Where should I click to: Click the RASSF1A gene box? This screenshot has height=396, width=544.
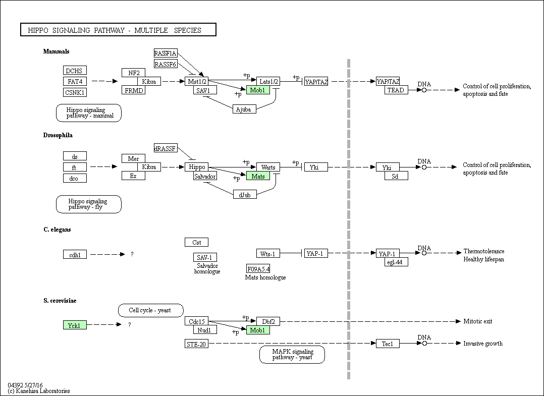(166, 53)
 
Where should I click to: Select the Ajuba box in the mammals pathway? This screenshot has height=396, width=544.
(244, 109)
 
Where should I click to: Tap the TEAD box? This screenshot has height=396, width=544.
(396, 90)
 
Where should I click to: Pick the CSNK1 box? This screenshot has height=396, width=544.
(75, 93)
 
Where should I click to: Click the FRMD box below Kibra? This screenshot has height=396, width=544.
(134, 90)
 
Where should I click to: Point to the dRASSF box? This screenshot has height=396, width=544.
(166, 148)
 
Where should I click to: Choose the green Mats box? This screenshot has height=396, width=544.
(258, 176)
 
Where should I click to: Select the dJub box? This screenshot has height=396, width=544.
(245, 195)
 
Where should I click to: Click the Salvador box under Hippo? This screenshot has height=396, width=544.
(205, 176)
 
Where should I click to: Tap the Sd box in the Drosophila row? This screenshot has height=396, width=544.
(396, 176)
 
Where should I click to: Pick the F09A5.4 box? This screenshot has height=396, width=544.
(258, 269)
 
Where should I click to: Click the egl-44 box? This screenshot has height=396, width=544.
(396, 262)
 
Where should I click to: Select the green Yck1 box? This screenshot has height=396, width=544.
(75, 325)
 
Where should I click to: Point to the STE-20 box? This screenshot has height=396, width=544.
(197, 344)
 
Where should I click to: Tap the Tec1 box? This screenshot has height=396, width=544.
(388, 344)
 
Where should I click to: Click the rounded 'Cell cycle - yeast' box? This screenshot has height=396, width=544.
(150, 310)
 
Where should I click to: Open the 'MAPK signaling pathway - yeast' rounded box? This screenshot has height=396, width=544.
(292, 355)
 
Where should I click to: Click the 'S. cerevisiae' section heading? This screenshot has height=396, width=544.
(60, 301)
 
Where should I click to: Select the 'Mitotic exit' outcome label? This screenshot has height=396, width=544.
(478, 321)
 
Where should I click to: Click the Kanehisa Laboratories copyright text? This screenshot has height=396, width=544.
(39, 391)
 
